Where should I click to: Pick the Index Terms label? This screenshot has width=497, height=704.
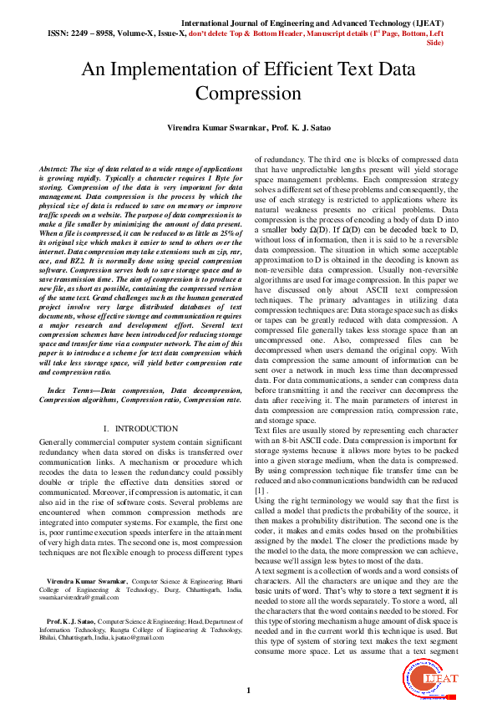pos(73,390)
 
